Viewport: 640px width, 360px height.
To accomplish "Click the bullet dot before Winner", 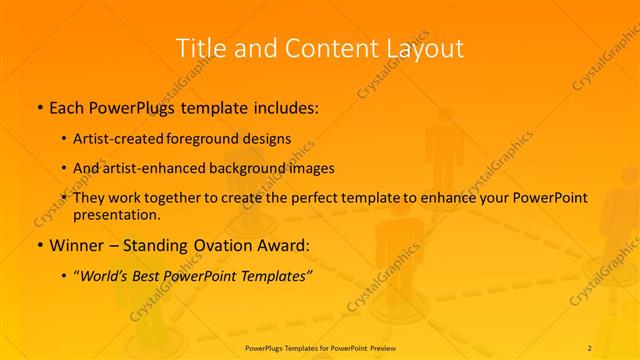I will (39, 245).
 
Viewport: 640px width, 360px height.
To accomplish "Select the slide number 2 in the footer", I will (590, 347).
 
